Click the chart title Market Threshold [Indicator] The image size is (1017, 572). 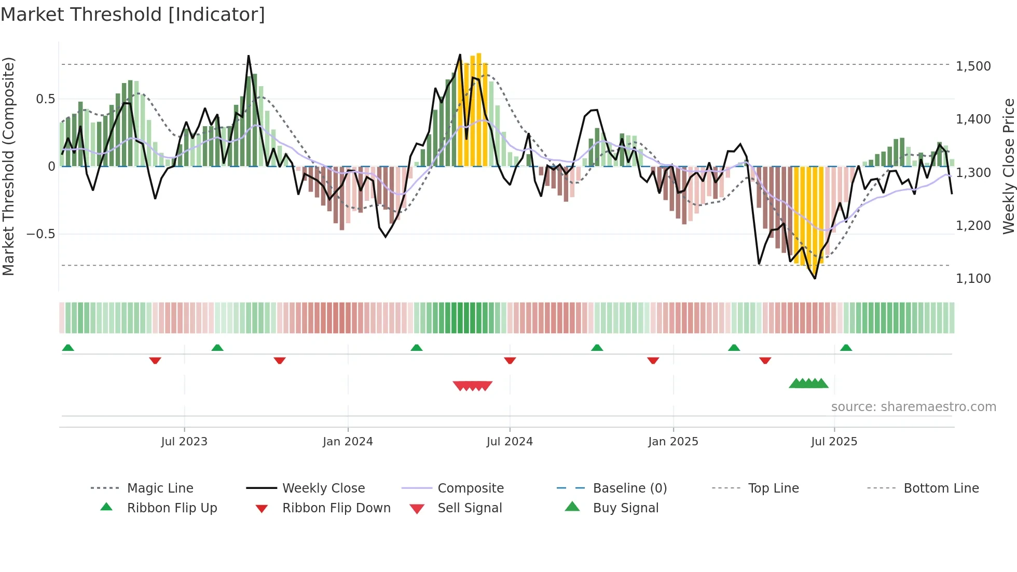tap(133, 15)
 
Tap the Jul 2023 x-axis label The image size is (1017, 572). tap(184, 441)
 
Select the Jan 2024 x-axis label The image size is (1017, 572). tap(348, 441)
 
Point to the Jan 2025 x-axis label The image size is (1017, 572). tap(673, 441)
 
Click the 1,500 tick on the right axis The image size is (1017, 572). tap(973, 66)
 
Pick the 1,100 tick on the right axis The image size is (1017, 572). tap(973, 279)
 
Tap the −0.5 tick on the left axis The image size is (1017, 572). tap(41, 234)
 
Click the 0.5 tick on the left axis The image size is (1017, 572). tap(46, 99)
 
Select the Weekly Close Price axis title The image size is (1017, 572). tap(1008, 166)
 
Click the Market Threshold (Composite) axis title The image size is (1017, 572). tap(8, 166)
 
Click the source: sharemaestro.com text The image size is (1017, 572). tap(913, 407)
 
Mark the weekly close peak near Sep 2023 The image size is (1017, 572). tap(249, 56)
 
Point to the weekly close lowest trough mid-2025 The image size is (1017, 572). tap(815, 278)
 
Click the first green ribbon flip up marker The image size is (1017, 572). tap(68, 348)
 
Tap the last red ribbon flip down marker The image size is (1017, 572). tap(765, 360)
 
